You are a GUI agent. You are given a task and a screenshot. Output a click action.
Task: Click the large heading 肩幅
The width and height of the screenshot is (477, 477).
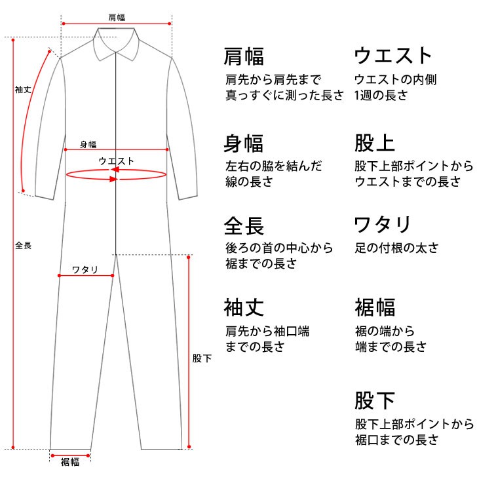point(244,56)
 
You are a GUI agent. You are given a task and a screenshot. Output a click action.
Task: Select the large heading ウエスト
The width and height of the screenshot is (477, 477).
point(392,56)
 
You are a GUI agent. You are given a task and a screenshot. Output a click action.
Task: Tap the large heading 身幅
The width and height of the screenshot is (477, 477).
point(243,143)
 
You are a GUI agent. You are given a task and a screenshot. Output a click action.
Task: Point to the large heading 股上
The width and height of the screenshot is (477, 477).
point(375,143)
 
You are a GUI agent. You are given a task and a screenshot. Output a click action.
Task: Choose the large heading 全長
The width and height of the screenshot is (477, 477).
point(244,225)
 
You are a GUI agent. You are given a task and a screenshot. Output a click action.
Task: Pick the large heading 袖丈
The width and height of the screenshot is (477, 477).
point(244,307)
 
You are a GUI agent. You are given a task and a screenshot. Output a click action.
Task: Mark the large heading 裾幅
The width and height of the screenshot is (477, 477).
point(375,307)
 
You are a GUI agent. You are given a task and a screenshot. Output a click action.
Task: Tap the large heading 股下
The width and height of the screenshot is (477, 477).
point(375,400)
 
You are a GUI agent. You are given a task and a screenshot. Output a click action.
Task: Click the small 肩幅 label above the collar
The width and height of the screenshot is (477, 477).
point(117,17)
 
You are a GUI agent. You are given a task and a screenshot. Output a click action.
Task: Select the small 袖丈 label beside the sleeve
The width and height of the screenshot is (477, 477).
point(23,89)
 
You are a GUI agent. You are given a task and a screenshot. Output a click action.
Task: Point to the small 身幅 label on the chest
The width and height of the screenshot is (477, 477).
point(88,144)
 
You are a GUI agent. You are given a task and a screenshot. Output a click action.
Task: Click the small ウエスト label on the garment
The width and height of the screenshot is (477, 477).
point(116,161)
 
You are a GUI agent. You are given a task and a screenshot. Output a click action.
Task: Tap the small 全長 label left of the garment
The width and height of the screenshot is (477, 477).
point(23,245)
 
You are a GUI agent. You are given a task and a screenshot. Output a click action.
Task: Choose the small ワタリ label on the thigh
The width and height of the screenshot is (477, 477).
point(85,269)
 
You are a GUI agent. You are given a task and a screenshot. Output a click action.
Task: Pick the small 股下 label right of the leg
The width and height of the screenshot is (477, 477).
point(202,358)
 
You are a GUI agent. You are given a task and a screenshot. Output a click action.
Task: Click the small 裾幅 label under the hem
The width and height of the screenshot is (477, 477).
point(70,462)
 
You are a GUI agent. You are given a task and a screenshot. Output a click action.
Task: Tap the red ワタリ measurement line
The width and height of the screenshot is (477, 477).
point(86,276)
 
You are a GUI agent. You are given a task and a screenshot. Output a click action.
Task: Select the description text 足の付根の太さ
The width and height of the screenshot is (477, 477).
point(396,248)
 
